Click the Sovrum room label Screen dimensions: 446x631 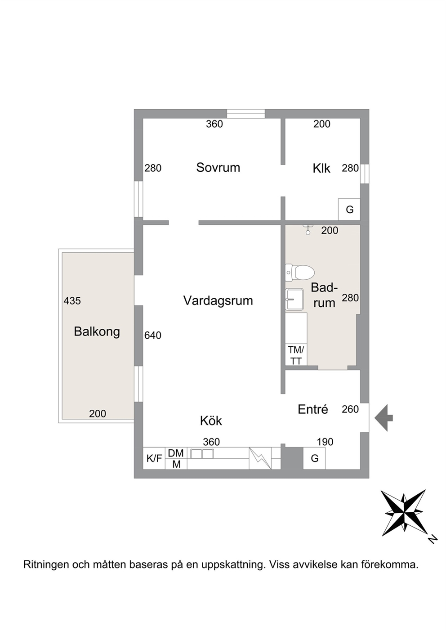(218, 168)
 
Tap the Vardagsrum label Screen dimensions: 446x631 (218, 301)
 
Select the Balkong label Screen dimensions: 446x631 (97, 332)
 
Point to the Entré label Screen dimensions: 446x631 (313, 409)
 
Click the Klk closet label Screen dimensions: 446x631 (321, 169)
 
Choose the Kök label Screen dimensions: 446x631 (211, 421)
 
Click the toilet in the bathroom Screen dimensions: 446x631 (299, 273)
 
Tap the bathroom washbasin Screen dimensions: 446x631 (294, 299)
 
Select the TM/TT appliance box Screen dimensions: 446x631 (296, 355)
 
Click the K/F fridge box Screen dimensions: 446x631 (154, 458)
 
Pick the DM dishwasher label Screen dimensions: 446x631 (176, 453)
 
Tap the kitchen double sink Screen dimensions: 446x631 (202, 454)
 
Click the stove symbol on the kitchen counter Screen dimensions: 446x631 (260, 458)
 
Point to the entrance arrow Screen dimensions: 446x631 (384, 418)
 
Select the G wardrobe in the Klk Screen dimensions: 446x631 (349, 209)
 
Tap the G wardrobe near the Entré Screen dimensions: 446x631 (314, 458)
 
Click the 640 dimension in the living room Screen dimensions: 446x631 (152, 336)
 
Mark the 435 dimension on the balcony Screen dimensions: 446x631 (72, 301)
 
